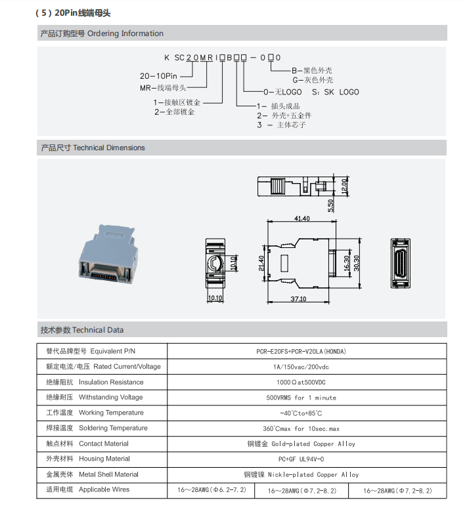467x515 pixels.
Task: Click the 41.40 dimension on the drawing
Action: click(x=302, y=218)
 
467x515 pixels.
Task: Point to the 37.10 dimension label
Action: click(x=298, y=299)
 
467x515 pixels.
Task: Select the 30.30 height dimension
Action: click(x=357, y=261)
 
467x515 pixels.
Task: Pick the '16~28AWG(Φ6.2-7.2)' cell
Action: click(x=211, y=490)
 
